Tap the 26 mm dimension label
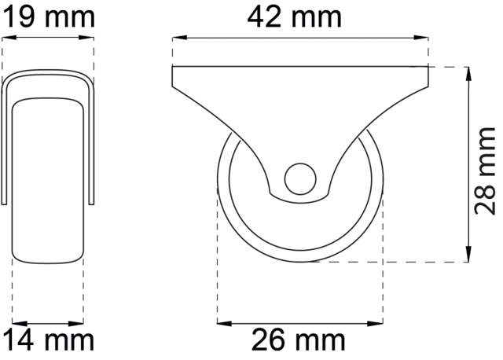tap(299, 340)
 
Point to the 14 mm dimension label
tap(47, 340)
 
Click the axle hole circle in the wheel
tap(299, 178)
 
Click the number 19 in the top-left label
tap(20, 16)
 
